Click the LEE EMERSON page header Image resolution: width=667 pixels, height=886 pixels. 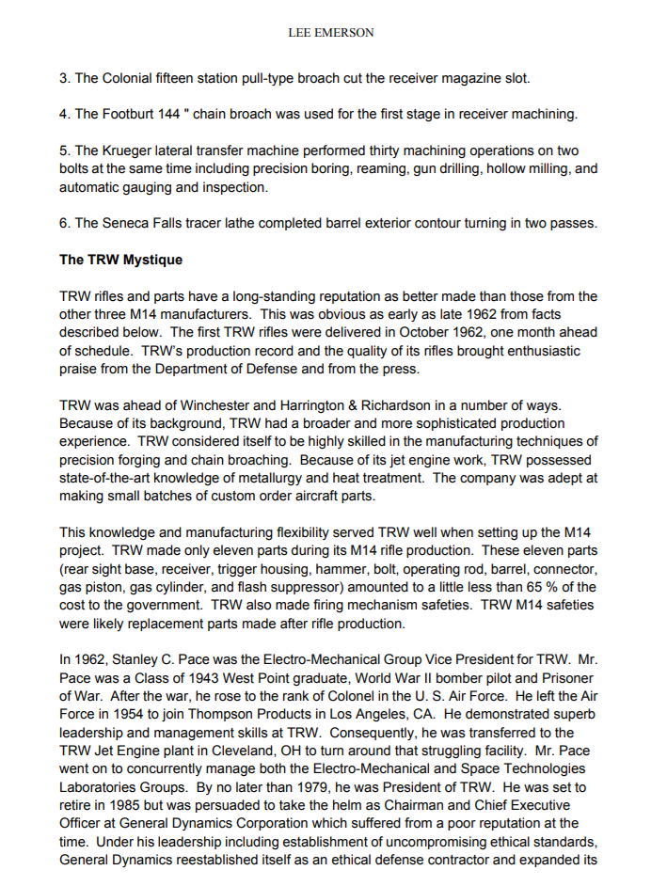[330, 33]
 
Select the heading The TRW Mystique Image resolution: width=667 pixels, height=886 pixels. [120, 260]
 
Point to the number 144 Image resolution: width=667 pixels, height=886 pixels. [172, 114]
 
